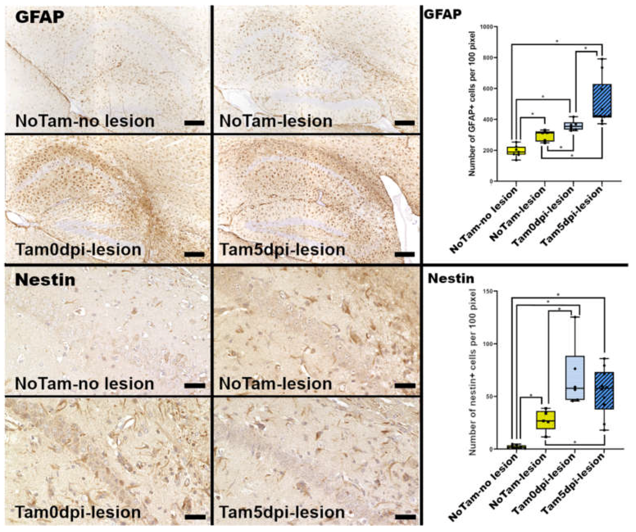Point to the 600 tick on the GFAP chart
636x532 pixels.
pos(488,88)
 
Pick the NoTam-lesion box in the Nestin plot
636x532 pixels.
pos(546,420)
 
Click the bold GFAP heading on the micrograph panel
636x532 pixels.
pos(40,17)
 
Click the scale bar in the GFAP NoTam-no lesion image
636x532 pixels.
pos(194,123)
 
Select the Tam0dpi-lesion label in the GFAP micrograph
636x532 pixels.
pos(78,250)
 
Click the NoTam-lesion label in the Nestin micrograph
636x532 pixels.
pos(275,384)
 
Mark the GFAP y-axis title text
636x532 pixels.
pos(472,104)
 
